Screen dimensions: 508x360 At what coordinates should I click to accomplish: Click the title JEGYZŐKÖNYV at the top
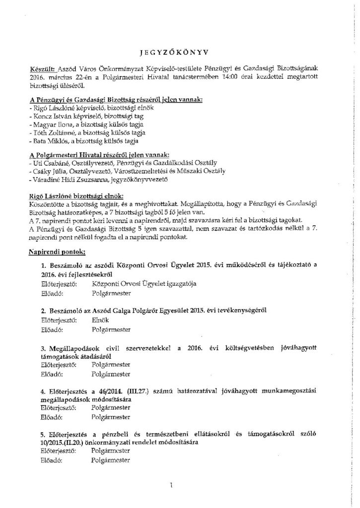pos(180,51)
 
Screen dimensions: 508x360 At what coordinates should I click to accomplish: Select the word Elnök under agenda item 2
pos(100,320)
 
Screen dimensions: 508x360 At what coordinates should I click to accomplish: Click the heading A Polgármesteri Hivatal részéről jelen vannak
pos(99,155)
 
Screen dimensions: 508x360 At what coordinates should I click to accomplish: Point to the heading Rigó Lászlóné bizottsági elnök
pos(76,195)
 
